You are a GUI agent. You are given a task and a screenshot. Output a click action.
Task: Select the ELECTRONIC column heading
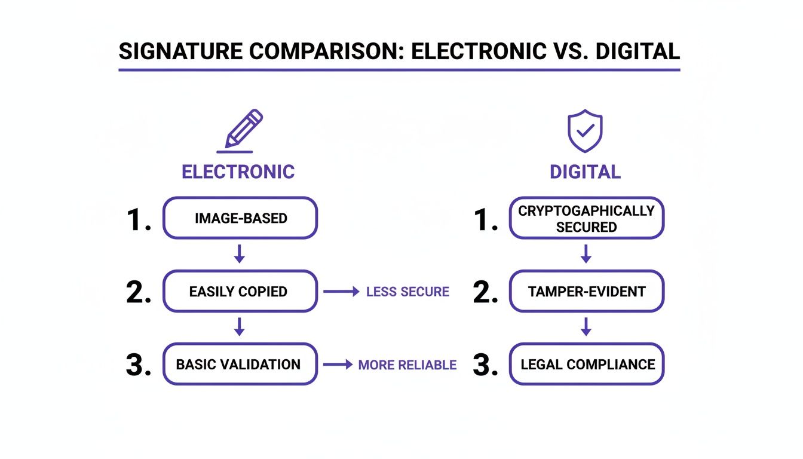pos(238,172)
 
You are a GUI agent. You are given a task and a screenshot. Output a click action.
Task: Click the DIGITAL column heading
pos(585,172)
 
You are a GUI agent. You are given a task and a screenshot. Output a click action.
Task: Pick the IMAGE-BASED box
pos(240,218)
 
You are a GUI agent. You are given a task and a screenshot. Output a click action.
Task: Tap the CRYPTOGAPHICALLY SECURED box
pos(586,219)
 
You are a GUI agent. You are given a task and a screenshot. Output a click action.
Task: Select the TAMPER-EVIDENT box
pos(586,292)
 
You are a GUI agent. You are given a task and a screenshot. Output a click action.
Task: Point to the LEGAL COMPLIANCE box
pos(586,365)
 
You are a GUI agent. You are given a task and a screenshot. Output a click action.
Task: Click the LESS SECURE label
pos(407,292)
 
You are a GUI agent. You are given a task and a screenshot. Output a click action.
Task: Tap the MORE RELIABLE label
pos(407,365)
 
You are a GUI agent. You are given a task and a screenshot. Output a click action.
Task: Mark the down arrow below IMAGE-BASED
pos(240,254)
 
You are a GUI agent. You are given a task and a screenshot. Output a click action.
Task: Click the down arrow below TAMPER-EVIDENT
pos(586,327)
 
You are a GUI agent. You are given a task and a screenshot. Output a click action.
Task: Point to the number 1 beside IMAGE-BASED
pos(137,219)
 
